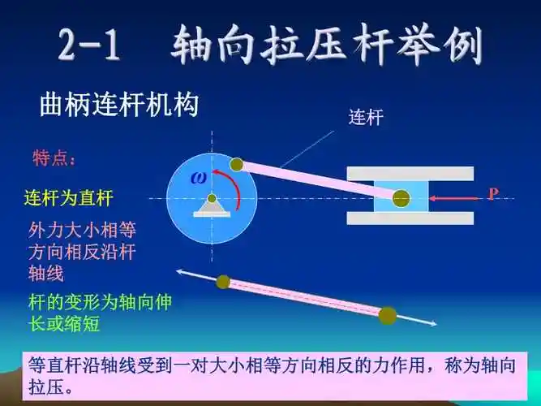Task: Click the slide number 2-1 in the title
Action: pos(89,47)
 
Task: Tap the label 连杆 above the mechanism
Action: pos(365,118)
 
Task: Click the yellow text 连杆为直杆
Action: pos(69,197)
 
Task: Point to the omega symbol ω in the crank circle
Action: pos(199,178)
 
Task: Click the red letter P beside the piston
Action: pos(492,193)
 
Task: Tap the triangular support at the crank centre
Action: pos(212,207)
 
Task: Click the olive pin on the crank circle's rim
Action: pos(236,165)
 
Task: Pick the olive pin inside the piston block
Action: pos(401,197)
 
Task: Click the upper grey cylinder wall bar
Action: pos(410,173)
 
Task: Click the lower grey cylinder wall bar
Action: pos(410,218)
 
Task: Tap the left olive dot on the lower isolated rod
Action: pos(223,282)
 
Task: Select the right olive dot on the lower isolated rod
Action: pos(388,315)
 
